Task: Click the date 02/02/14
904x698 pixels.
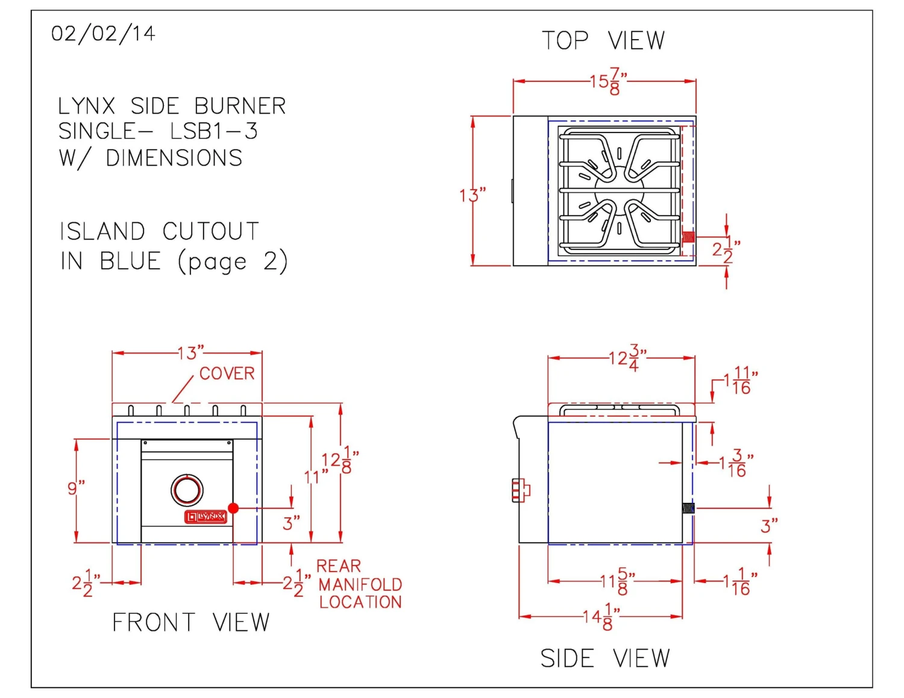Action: [103, 34]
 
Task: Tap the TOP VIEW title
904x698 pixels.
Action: [603, 41]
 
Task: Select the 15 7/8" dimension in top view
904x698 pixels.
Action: [608, 81]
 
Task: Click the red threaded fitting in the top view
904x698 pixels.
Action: [688, 237]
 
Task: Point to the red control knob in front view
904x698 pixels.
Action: [187, 490]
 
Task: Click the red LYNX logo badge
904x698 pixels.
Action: [206, 517]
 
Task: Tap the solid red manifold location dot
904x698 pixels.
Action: [233, 508]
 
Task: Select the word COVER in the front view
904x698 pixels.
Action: [227, 373]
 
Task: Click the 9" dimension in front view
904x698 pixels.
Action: [76, 488]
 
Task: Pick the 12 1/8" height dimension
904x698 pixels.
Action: [339, 461]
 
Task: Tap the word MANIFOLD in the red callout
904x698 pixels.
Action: [360, 585]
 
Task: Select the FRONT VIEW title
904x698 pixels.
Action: [190, 623]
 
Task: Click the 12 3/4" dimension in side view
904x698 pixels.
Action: [627, 358]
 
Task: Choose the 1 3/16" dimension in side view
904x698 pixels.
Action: [735, 463]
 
